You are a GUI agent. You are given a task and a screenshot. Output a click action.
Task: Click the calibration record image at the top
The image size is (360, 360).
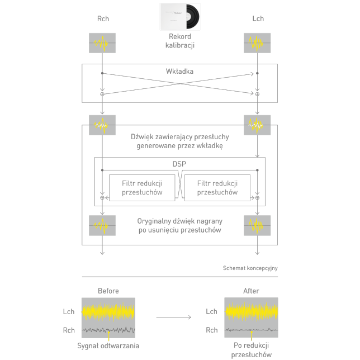coord(180,16)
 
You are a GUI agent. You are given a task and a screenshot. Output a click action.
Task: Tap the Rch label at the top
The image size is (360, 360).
coord(103,19)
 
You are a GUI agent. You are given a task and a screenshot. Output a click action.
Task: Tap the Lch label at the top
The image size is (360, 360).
coord(257,19)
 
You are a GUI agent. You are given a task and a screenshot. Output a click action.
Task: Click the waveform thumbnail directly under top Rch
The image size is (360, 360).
coord(103,42)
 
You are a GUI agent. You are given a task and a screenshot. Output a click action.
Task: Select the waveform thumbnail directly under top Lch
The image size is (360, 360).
coord(257,42)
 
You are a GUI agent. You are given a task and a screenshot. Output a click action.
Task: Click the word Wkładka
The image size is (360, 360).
coord(179,72)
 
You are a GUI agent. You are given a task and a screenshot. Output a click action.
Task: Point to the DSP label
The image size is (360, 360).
coord(179,165)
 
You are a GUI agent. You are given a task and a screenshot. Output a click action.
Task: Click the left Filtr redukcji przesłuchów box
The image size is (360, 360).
coord(142,187)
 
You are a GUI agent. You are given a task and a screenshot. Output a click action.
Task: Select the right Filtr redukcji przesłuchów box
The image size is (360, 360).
coord(217,187)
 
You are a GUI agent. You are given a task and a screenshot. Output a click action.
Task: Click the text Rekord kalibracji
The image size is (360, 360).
coord(179,41)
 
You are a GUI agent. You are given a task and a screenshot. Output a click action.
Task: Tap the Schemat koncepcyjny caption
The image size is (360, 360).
coord(250,268)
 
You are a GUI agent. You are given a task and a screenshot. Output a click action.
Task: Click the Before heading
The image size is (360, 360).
coord(108,291)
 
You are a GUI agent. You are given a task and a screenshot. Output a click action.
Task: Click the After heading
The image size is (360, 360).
coord(251,291)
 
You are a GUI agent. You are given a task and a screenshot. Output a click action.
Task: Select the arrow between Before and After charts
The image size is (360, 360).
coord(173,318)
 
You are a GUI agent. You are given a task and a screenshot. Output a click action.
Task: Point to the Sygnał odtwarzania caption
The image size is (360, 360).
coord(108,345)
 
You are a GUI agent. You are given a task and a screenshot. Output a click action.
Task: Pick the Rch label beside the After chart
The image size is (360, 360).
coord(211,330)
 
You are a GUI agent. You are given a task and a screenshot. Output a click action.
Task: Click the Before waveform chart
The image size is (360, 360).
coord(108,318)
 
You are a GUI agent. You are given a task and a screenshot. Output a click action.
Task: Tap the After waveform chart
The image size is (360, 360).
coord(251,318)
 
